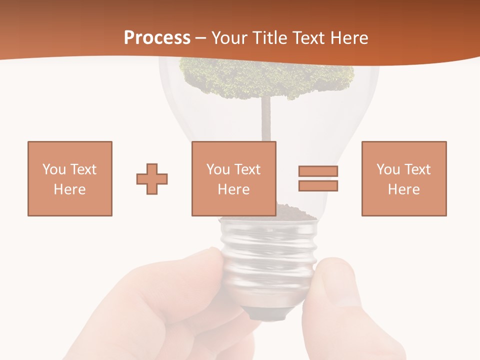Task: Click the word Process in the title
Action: coord(157,37)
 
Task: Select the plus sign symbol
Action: coord(152,178)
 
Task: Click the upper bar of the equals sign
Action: coord(318,171)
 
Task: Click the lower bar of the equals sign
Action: coord(318,185)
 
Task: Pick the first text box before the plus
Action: coord(69,178)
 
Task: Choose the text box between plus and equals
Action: coord(233,178)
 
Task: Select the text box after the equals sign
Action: coord(403,178)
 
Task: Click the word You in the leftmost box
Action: coord(53,169)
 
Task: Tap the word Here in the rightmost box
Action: coord(403,189)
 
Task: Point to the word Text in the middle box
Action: coord(247,169)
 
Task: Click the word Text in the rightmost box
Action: coord(417,169)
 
